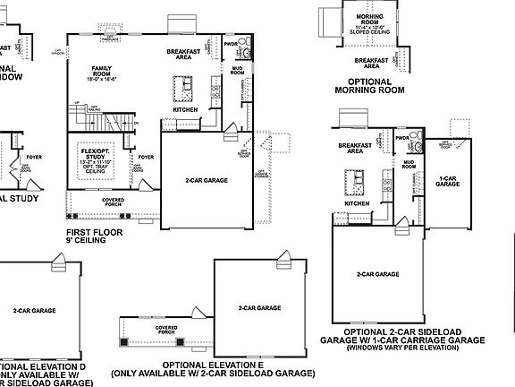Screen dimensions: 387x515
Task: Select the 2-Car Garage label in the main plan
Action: [x=206, y=180]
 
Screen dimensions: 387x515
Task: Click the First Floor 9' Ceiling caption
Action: [x=93, y=236]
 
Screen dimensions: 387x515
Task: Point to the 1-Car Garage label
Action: [x=448, y=180]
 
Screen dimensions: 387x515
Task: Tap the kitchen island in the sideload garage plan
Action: [x=357, y=182]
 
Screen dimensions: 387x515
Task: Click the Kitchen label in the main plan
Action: [x=173, y=109]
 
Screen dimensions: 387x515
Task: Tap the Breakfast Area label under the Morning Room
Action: [x=371, y=63]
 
